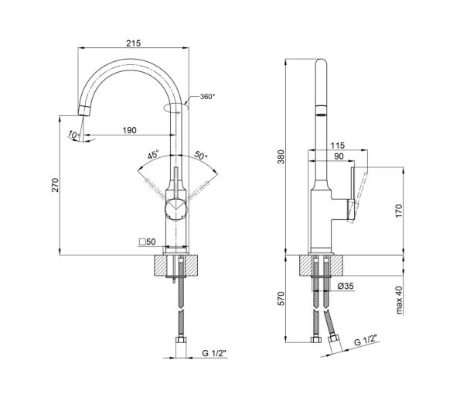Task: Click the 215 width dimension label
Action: [x=133, y=43]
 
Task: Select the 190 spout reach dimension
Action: [x=129, y=130]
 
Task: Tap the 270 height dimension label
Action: [x=55, y=185]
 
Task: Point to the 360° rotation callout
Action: [x=207, y=96]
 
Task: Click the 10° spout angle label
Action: [x=74, y=135]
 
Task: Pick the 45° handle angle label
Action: [x=153, y=154]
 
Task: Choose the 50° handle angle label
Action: [x=200, y=155]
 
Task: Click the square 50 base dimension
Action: [x=148, y=242]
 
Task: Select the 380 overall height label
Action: [x=281, y=157]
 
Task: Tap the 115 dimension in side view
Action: [x=338, y=146]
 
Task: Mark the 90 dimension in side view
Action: [x=339, y=156]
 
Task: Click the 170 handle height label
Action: [x=398, y=211]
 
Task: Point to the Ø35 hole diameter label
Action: [x=346, y=286]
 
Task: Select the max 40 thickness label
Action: [x=399, y=300]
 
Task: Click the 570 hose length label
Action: [x=281, y=299]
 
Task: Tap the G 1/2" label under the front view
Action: [x=214, y=353]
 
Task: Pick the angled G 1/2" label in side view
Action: [x=366, y=340]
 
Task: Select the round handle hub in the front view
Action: [x=176, y=210]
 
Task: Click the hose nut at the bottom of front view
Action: [x=181, y=339]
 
